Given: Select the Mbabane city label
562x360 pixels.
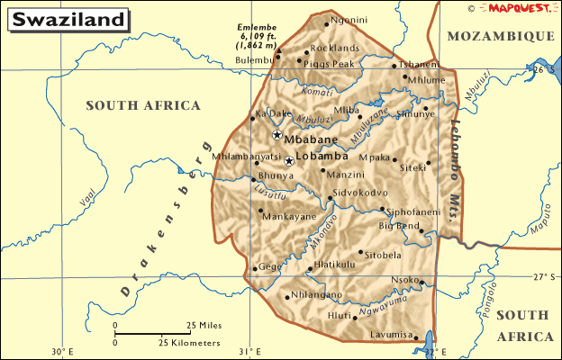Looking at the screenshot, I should click(311, 139).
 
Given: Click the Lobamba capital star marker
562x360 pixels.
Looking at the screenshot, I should click(288, 160).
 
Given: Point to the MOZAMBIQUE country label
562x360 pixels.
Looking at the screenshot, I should click(500, 35).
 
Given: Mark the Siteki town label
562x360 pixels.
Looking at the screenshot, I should click(413, 168).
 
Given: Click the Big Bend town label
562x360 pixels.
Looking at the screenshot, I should click(399, 225).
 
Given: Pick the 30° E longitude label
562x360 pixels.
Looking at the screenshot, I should click(62, 351).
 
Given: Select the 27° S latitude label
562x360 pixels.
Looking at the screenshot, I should click(544, 276).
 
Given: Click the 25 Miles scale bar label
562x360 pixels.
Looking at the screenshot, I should click(204, 325).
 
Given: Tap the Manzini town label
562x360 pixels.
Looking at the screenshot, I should click(346, 173).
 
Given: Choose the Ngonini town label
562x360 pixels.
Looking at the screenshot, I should click(349, 20).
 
